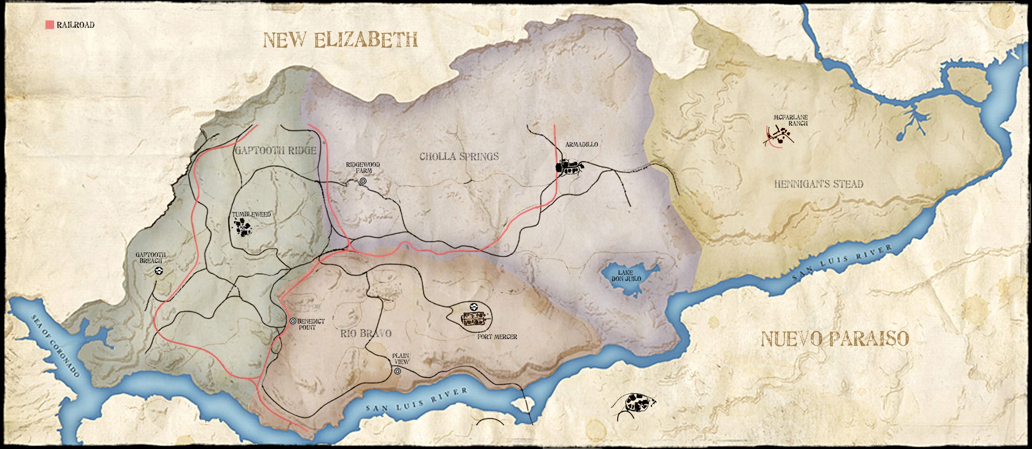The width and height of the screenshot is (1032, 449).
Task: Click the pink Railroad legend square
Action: [50, 25]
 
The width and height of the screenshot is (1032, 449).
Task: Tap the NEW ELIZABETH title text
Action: [340, 40]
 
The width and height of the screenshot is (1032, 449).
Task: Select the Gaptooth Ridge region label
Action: [275, 151]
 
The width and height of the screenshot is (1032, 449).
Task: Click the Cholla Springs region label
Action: [459, 157]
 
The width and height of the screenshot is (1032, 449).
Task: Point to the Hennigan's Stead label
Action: [818, 184]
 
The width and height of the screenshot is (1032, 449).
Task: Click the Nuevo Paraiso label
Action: [834, 339]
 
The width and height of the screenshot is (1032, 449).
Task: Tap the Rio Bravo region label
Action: [366, 334]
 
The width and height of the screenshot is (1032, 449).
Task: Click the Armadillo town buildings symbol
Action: [569, 167]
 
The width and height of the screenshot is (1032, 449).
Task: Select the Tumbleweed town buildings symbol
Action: [241, 227]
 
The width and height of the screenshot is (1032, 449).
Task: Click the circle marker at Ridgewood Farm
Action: [363, 181]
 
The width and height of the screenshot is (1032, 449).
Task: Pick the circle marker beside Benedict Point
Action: [293, 321]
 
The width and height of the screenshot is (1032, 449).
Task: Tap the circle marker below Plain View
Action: [397, 371]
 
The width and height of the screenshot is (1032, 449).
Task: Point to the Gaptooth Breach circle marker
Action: [159, 270]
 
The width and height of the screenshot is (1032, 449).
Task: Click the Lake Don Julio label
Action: [626, 276]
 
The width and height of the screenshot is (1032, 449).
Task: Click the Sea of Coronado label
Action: [55, 345]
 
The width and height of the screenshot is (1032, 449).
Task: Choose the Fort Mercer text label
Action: [497, 337]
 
